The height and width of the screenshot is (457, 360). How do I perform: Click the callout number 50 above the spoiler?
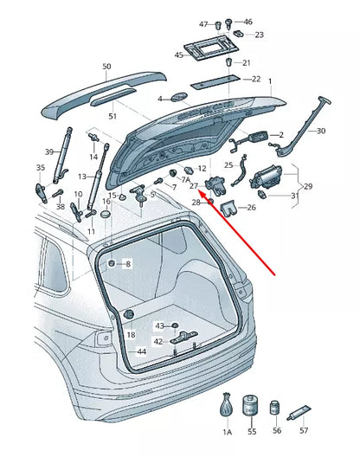(x=106, y=67)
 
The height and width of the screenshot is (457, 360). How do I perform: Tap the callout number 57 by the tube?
(x=304, y=430)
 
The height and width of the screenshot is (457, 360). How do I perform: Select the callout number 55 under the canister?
(x=252, y=430)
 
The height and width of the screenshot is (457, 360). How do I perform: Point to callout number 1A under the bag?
(x=228, y=430)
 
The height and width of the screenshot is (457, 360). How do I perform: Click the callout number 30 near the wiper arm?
(x=321, y=131)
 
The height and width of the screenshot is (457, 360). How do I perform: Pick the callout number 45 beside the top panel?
(x=179, y=55)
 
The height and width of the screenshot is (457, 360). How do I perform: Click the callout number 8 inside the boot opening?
(x=128, y=263)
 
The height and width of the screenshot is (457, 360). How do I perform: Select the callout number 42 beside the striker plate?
(x=158, y=342)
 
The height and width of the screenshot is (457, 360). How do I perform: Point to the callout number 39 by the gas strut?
(x=49, y=151)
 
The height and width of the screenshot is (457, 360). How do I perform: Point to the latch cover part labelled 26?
(x=229, y=206)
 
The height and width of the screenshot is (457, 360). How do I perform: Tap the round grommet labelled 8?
(x=112, y=262)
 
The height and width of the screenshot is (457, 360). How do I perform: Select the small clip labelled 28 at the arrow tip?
(x=210, y=202)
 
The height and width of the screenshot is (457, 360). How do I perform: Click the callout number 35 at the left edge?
(x=40, y=168)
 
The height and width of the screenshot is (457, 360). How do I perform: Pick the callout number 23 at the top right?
(x=259, y=35)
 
